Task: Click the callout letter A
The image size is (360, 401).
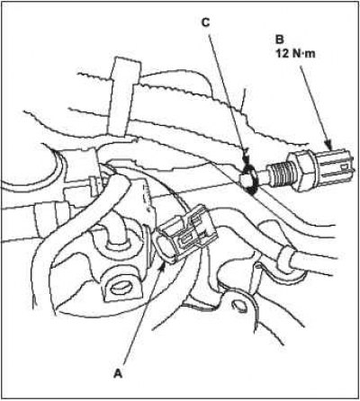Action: [x=119, y=373]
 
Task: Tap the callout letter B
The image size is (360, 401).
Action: [x=279, y=40]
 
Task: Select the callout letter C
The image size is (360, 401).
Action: [x=205, y=22]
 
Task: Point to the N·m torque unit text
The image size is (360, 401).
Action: [x=303, y=54]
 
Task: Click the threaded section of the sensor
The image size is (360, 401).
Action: [x=279, y=173]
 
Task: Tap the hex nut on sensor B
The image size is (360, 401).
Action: [x=301, y=171]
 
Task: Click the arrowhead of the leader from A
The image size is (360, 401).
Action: [x=162, y=266]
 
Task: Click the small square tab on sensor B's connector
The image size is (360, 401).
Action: [x=346, y=165]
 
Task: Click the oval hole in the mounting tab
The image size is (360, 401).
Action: [x=120, y=289]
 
